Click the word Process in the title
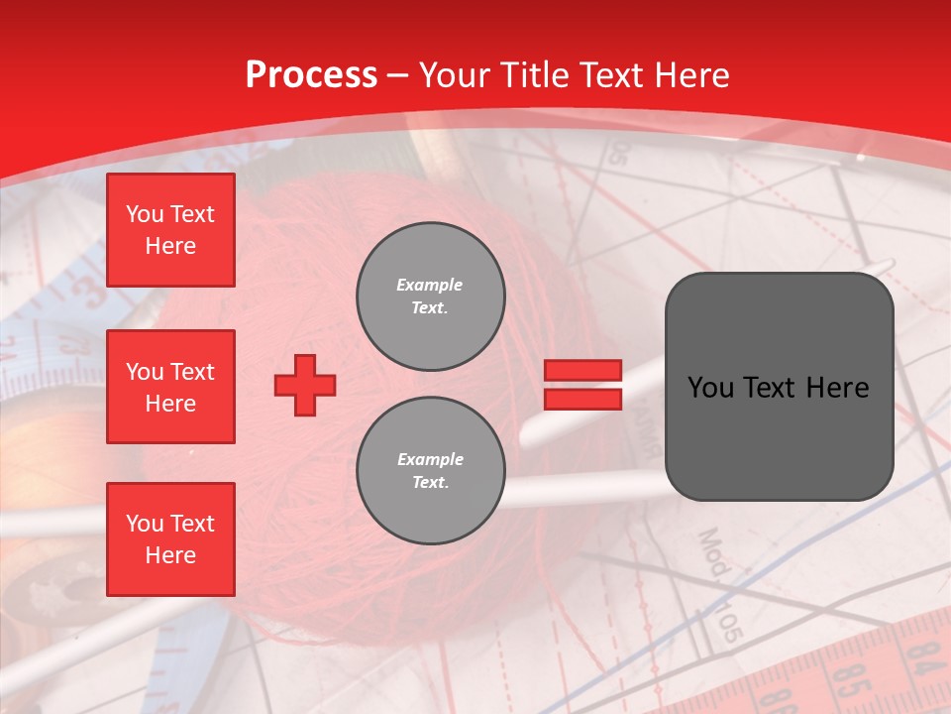[x=311, y=75]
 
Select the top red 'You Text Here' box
[x=170, y=230]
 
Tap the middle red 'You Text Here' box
[x=170, y=387]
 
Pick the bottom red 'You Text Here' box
[x=170, y=539]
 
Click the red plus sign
[x=305, y=385]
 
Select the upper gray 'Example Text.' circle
[x=430, y=296]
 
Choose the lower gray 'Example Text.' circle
[x=430, y=470]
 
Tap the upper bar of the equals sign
[x=582, y=370]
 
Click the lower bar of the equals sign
[x=582, y=399]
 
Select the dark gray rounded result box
[x=779, y=387]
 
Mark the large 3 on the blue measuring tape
[x=89, y=294]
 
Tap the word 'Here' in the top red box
[x=170, y=246]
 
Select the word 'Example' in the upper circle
[x=430, y=285]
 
